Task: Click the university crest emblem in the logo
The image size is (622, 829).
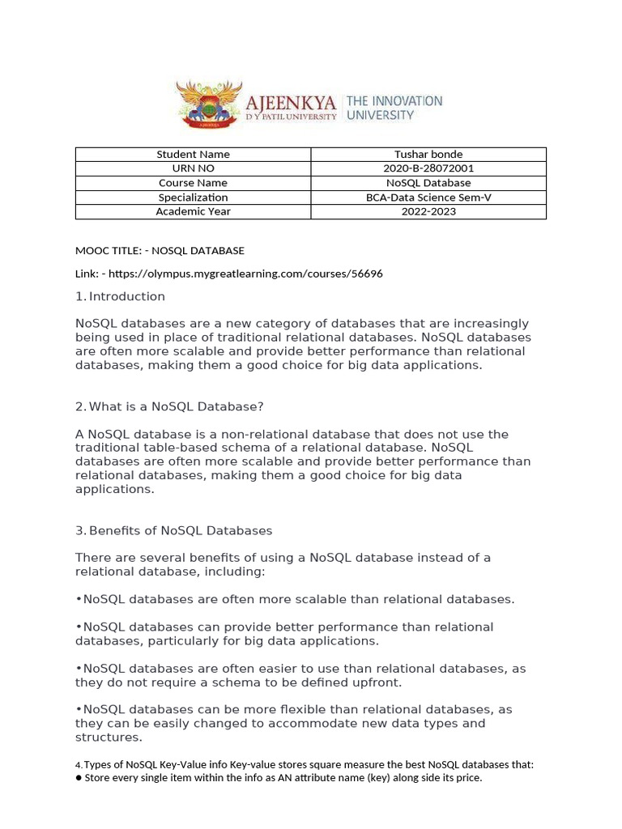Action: click(210, 104)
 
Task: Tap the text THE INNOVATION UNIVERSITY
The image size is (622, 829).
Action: click(394, 108)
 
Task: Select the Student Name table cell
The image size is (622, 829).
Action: click(193, 155)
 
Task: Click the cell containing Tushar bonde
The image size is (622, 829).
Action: click(428, 155)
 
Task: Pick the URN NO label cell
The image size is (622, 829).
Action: click(193, 168)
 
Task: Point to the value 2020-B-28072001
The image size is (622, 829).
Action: click(428, 168)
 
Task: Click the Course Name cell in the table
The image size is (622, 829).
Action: click(193, 183)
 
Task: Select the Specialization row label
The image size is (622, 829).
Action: click(193, 198)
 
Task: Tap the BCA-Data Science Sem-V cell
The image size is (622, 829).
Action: click(428, 198)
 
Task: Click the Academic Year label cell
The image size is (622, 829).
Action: click(193, 211)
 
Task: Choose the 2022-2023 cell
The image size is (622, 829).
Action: click(428, 211)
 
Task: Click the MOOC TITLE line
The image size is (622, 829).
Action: click(160, 251)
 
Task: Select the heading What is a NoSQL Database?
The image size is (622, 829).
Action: click(177, 406)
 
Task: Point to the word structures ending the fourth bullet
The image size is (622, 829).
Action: click(109, 738)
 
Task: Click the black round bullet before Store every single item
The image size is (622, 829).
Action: click(79, 779)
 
